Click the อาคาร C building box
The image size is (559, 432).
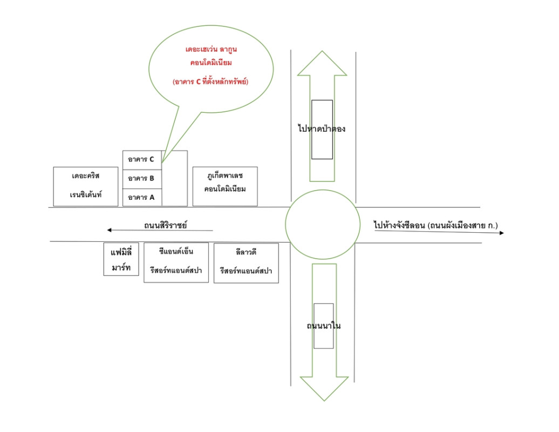[x=141, y=159]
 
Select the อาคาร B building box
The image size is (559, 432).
[x=141, y=178]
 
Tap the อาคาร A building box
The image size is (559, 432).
[x=141, y=198]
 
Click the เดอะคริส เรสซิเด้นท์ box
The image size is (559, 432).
[x=86, y=186]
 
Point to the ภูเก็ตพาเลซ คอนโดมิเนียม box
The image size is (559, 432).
[x=225, y=186]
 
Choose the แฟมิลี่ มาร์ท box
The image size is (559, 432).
[x=118, y=259]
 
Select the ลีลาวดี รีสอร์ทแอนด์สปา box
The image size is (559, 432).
[x=246, y=263]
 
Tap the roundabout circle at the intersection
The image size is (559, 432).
[x=322, y=224]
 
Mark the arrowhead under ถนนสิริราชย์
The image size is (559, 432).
[x=110, y=230]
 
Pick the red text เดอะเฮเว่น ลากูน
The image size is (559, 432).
[x=210, y=50]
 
